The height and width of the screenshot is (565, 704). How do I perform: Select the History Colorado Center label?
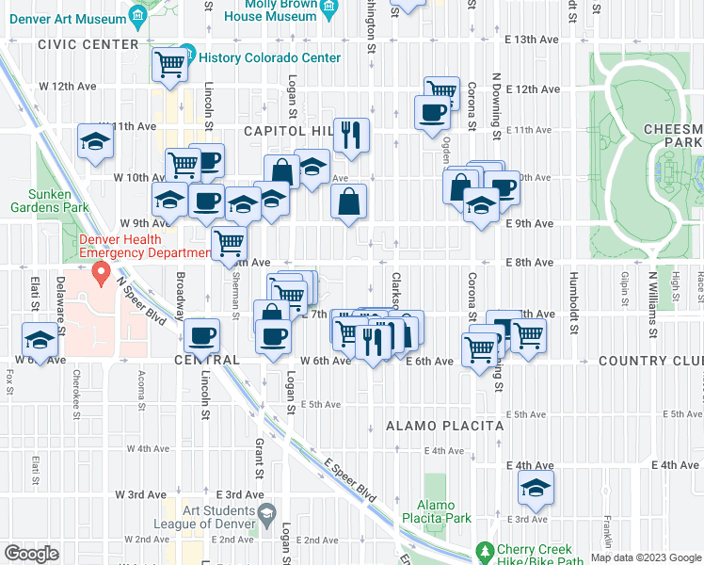[270, 57]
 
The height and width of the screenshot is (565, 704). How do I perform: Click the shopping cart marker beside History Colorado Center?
[169, 66]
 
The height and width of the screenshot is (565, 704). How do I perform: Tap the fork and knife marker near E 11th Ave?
[351, 134]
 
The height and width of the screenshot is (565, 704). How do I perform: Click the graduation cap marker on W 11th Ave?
[95, 142]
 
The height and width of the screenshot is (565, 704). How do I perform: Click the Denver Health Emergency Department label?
[143, 246]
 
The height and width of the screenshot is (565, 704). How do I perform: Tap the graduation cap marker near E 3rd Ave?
[536, 488]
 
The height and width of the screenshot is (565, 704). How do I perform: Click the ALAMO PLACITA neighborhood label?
[445, 426]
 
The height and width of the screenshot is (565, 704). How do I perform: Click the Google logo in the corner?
[31, 554]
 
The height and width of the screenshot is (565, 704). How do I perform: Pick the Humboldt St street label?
[572, 297]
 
